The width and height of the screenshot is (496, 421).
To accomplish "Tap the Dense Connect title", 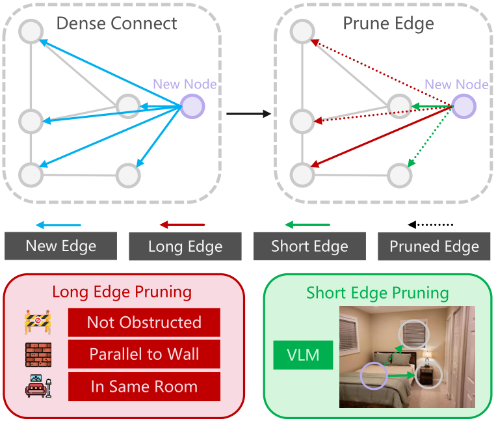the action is point(117,23).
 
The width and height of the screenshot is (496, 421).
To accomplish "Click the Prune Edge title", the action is point(389,24).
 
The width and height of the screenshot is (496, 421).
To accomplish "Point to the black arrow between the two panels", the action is point(248,114).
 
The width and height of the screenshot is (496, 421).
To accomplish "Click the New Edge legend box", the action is point(60,246).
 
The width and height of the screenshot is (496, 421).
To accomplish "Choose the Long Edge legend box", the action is point(185,246).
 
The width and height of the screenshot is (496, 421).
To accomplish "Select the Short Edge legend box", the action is point(309,246).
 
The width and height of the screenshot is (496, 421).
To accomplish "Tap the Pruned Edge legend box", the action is point(434,246).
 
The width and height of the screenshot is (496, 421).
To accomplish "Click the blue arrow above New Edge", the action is point(59,225).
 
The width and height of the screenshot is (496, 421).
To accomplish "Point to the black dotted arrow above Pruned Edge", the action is point(430,224).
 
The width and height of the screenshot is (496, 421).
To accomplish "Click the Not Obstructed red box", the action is point(144,322).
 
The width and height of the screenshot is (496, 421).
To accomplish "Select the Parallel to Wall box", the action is point(144,354).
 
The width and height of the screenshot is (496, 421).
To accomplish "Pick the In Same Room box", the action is point(144,387).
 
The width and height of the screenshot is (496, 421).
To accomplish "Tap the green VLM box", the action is point(303,355).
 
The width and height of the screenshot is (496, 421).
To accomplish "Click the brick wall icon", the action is point(38,355).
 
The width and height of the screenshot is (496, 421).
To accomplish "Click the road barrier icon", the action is point(38,322).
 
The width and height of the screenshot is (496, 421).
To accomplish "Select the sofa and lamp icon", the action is point(38,386).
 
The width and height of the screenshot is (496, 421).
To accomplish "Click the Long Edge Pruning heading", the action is point(122,292).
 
